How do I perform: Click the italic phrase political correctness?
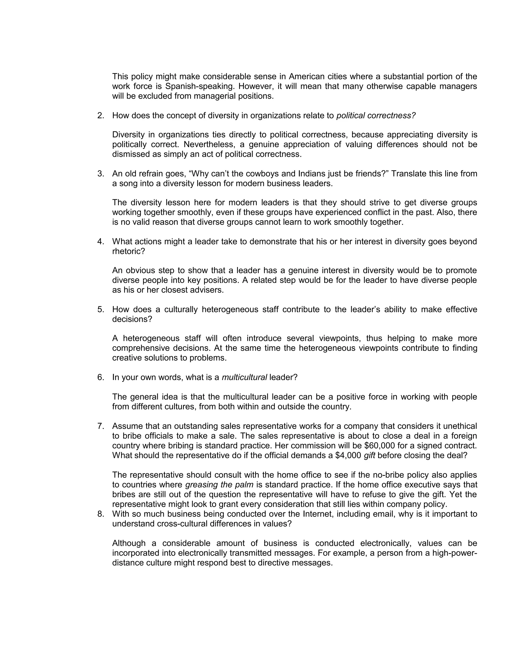[376, 116]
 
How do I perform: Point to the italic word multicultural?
[244, 377]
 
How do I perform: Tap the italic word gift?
[369, 456]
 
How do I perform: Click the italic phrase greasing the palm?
[219, 485]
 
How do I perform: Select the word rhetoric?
[128, 251]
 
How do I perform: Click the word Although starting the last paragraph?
[128, 543]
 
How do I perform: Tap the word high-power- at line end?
[455, 553]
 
